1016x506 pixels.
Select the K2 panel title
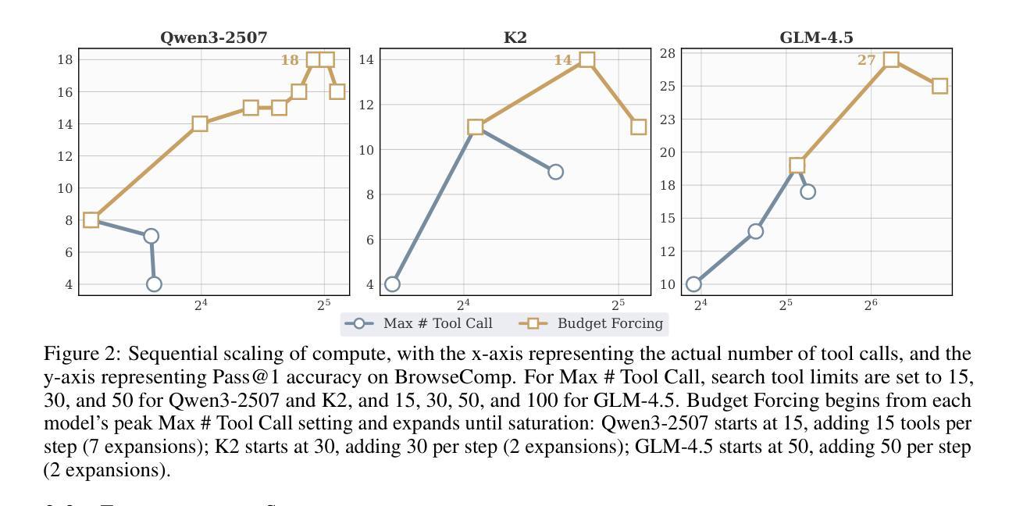[515, 37]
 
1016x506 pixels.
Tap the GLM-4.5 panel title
[816, 37]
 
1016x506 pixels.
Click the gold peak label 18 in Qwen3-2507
[290, 60]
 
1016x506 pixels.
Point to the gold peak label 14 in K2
[563, 60]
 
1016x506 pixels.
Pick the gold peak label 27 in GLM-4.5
[866, 60]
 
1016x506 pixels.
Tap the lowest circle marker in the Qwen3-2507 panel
[154, 284]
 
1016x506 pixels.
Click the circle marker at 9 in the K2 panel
[555, 172]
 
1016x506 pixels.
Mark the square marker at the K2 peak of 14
[587, 60]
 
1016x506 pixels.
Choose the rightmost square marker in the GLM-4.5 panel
[939, 86]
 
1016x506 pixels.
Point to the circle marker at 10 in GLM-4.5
[693, 284]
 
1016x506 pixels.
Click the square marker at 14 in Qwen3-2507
[200, 123]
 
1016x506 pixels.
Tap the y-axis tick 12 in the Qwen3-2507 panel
[66, 156]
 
